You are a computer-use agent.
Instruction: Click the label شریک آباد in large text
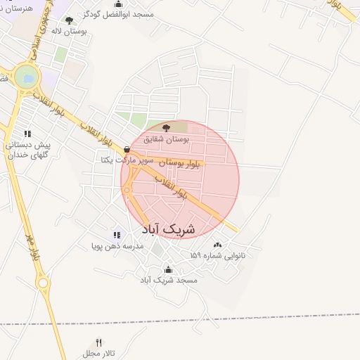(x=169, y=229)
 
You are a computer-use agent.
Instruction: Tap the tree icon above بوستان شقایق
(x=166, y=129)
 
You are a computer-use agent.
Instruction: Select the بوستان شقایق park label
(x=167, y=140)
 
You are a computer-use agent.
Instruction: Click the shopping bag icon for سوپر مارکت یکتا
(x=127, y=149)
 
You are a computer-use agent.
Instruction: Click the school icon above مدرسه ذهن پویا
(x=117, y=235)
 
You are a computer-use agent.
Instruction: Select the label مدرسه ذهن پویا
(x=117, y=246)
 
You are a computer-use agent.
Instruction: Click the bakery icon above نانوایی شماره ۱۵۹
(x=217, y=245)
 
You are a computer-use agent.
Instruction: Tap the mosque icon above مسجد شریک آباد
(x=167, y=269)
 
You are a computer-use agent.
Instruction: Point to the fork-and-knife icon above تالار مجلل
(x=98, y=342)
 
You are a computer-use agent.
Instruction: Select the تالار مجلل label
(x=92, y=353)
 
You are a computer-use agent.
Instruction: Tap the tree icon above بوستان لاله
(x=68, y=20)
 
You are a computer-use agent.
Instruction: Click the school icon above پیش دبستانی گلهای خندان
(x=27, y=134)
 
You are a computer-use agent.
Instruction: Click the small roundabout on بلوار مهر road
(x=45, y=285)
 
